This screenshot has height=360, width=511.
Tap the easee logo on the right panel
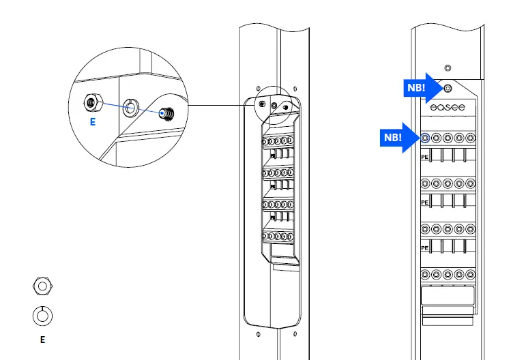pyautogui.click(x=447, y=108)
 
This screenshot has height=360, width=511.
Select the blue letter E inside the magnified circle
pyautogui.click(x=92, y=123)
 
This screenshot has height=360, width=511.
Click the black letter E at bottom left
pyautogui.click(x=42, y=339)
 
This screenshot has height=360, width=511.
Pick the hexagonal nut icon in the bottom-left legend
pyautogui.click(x=42, y=286)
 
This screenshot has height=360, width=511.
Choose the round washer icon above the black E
pyautogui.click(x=42, y=316)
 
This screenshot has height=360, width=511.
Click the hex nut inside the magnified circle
pyautogui.click(x=89, y=102)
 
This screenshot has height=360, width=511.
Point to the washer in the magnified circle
pyautogui.click(x=130, y=106)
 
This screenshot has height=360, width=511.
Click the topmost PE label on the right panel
pyautogui.click(x=424, y=156)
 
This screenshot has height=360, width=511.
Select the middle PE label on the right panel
pyautogui.click(x=424, y=202)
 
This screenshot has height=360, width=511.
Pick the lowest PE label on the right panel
pyautogui.click(x=424, y=248)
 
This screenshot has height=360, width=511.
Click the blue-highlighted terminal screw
pyautogui.click(x=425, y=138)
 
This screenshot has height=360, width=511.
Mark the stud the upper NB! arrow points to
pyautogui.click(x=448, y=89)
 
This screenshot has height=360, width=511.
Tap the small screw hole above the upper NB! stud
pyautogui.click(x=448, y=67)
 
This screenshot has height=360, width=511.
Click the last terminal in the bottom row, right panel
pyautogui.click(x=470, y=275)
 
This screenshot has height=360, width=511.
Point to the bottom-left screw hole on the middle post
pyautogui.click(x=258, y=334)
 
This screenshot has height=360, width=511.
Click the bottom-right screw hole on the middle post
pyautogui.click(x=295, y=334)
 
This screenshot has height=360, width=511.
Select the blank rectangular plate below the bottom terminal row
pyautogui.click(x=448, y=297)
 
